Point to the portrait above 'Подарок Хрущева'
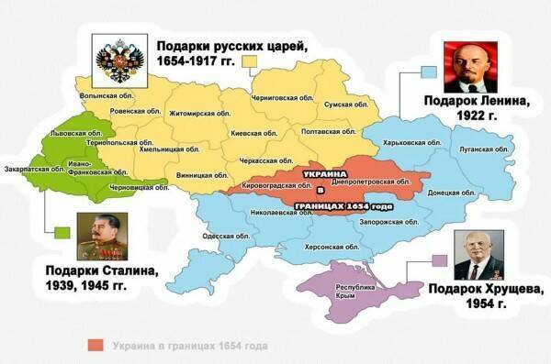[x=478, y=255]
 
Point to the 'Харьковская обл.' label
[x=407, y=143]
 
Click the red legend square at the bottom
[x=94, y=346]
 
